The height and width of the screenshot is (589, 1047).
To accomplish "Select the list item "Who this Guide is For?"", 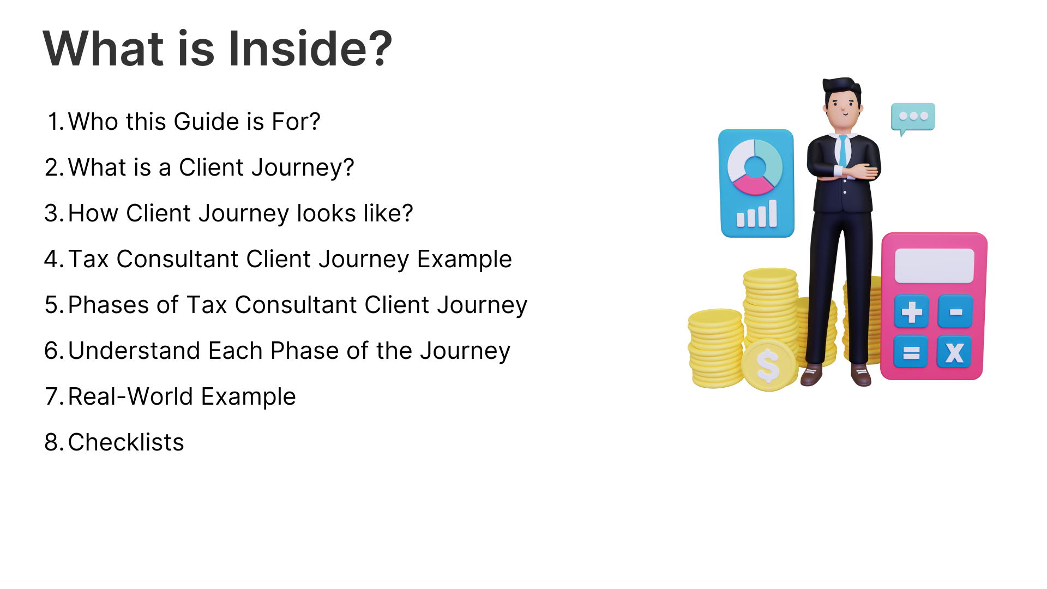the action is [x=194, y=122].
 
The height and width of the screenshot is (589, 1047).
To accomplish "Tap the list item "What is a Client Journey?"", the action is [x=211, y=167].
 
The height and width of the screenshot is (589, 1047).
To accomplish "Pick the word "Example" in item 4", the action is [x=465, y=260].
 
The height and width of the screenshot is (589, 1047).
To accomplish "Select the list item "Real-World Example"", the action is [x=182, y=397].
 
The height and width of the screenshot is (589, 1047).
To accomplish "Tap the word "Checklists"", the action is [x=126, y=442].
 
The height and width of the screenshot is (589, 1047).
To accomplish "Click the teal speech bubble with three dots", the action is [x=913, y=118].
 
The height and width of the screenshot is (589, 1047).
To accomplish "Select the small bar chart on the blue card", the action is [x=757, y=214].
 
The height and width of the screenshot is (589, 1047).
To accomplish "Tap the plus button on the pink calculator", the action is [x=912, y=312].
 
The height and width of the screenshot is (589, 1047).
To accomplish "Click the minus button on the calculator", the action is [x=955, y=312].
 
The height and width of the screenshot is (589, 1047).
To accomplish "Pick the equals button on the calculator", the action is [x=911, y=352].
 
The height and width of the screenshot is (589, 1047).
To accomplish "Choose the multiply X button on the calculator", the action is [x=954, y=352].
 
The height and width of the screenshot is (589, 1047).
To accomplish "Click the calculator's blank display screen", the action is [x=935, y=266].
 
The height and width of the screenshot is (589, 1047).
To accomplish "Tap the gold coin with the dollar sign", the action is [x=768, y=365].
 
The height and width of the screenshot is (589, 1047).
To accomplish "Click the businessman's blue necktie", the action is [x=843, y=151].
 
